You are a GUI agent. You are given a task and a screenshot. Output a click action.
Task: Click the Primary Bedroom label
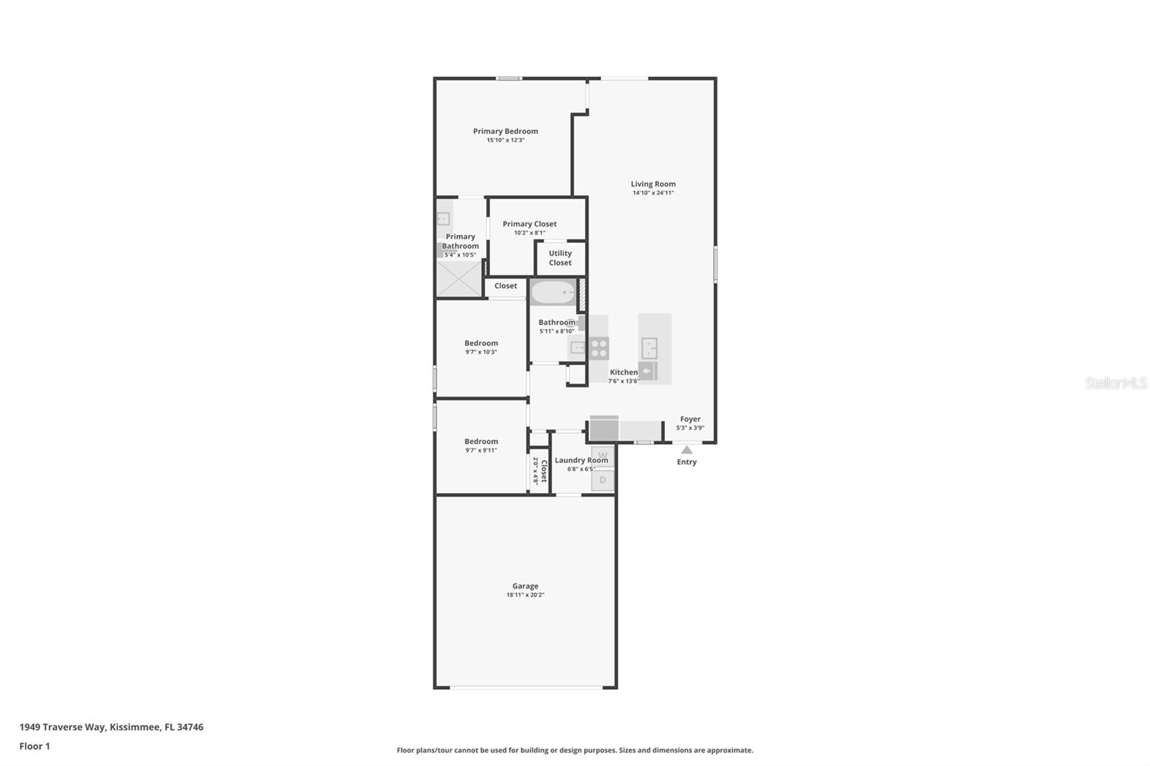pyautogui.click(x=505, y=131)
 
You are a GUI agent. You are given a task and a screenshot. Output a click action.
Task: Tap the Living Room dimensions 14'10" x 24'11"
pyautogui.click(x=653, y=193)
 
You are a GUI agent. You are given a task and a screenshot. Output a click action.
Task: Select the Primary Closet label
pyautogui.click(x=529, y=223)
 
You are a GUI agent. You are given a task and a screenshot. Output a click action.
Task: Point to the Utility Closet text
pyautogui.click(x=560, y=257)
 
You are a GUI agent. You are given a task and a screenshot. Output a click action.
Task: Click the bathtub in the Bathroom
pyautogui.click(x=553, y=292)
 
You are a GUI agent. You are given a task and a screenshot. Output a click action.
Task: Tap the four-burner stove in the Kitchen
pyautogui.click(x=599, y=349)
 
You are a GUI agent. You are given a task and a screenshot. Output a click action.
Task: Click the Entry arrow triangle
pyautogui.click(x=686, y=450)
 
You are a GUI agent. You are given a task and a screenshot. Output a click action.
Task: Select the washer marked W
pyautogui.click(x=602, y=455)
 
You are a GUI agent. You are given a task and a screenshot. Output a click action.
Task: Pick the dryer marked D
pyautogui.click(x=602, y=480)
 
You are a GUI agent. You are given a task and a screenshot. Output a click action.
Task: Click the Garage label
pyautogui.click(x=525, y=586)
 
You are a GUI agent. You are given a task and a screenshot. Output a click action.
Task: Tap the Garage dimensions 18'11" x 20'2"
pyautogui.click(x=525, y=595)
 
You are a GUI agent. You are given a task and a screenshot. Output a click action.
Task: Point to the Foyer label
pyautogui.click(x=690, y=419)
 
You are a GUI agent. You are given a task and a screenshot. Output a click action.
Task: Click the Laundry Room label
pyautogui.click(x=581, y=460)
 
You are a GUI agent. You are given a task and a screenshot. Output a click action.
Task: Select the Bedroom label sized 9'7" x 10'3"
pyautogui.click(x=481, y=343)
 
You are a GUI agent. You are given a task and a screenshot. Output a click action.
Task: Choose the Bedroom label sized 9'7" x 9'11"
pyautogui.click(x=481, y=441)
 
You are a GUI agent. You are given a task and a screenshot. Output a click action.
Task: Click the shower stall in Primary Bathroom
pyautogui.click(x=459, y=278)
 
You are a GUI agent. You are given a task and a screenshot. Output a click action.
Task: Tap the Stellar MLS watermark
pyautogui.click(x=1115, y=383)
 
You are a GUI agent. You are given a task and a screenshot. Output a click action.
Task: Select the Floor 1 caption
pyautogui.click(x=34, y=746)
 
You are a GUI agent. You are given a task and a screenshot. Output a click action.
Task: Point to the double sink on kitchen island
pyautogui.click(x=649, y=349)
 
